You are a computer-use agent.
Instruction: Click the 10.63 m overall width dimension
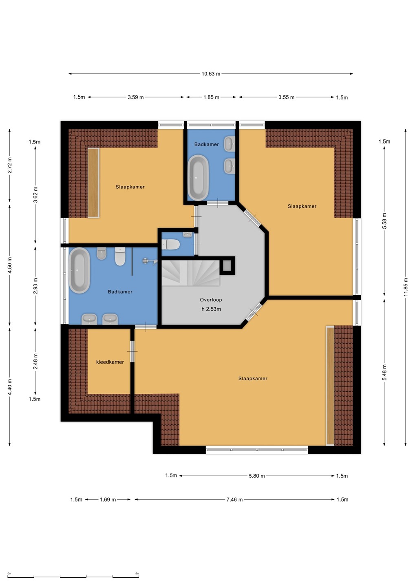pos(211,74)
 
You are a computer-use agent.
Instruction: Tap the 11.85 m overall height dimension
pos(406,287)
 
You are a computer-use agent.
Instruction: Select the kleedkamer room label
pos(110,362)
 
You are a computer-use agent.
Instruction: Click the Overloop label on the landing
pos(211,300)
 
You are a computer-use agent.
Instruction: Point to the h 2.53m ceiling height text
pos(211,309)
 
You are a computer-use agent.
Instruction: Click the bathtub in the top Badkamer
pos(198,177)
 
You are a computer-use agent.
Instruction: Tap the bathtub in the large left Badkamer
pos(79,270)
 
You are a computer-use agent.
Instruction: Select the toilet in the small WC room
pos(170,245)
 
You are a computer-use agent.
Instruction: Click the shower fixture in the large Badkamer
pos(150,261)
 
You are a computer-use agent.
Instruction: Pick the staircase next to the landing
pos(190,273)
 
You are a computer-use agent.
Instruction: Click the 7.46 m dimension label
pos(234,499)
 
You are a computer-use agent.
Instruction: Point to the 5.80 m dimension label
pos(257,476)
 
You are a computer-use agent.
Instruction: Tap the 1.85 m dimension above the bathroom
pos(211,97)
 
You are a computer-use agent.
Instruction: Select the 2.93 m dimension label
pos(35,286)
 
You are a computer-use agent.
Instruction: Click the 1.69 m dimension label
pos(108,499)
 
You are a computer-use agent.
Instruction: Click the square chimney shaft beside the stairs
pos(227,266)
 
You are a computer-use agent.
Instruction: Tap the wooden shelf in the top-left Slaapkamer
pos(93,183)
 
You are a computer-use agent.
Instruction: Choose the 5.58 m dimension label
pos(384,221)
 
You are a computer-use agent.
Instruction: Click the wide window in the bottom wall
pos(257,450)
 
